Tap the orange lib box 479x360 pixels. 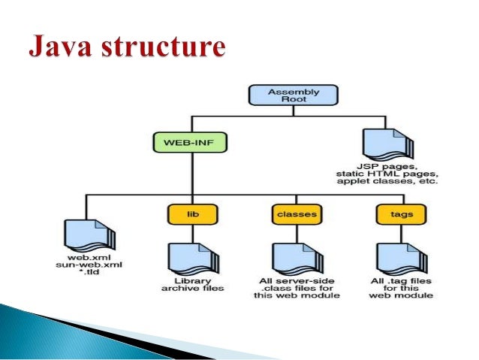click(191, 215)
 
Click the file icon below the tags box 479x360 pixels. click(397, 258)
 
